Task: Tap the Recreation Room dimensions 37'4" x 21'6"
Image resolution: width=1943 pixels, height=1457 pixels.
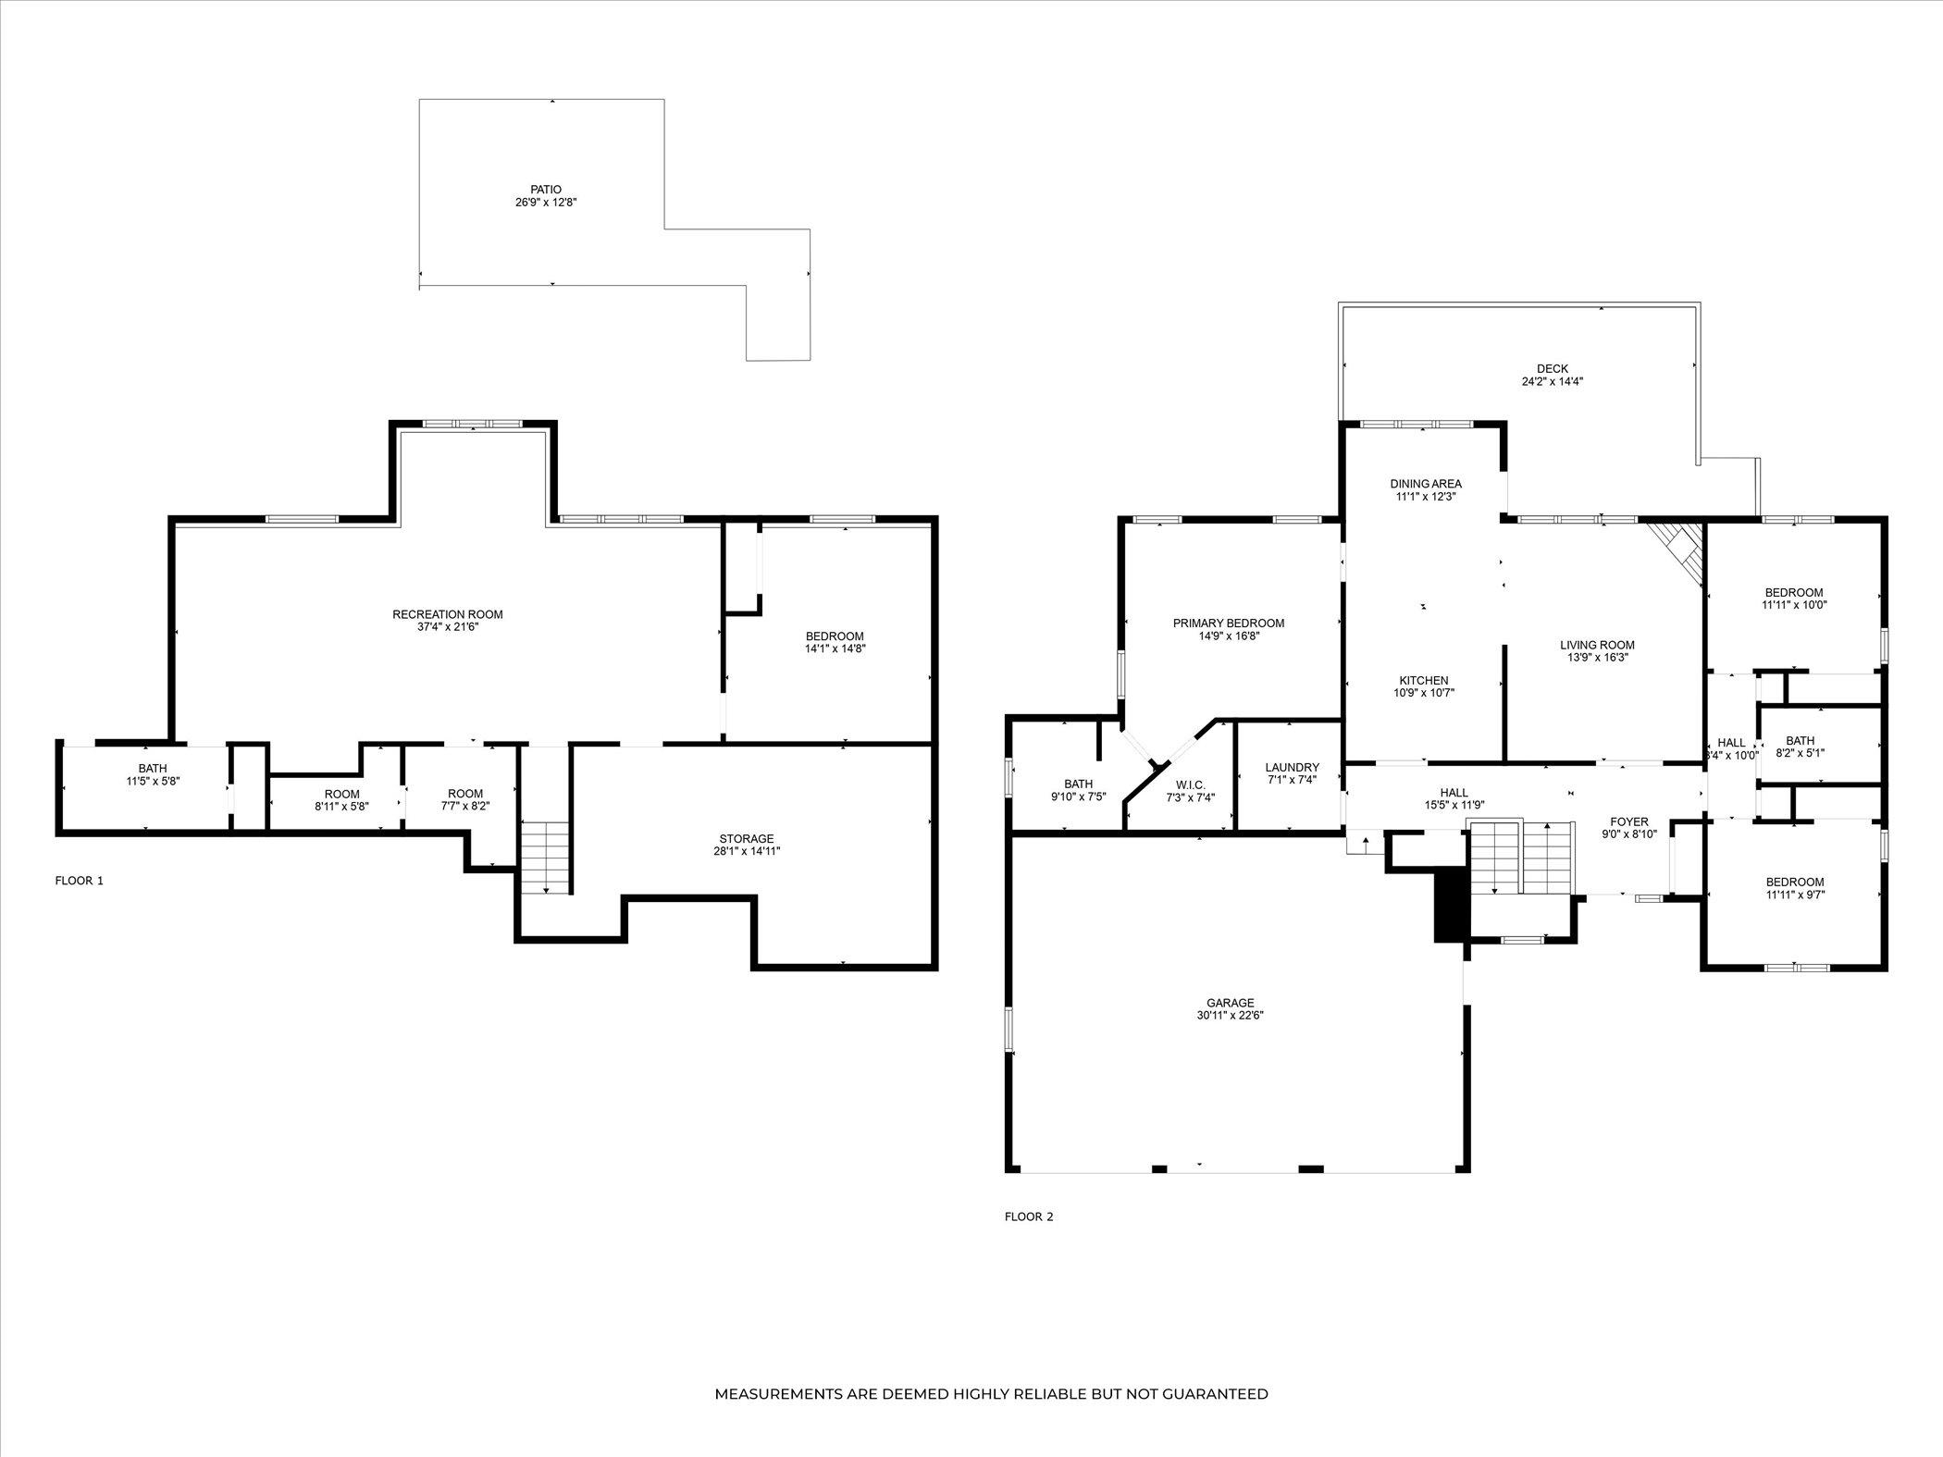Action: [x=448, y=627]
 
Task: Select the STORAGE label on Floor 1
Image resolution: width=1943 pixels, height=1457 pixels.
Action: [x=747, y=839]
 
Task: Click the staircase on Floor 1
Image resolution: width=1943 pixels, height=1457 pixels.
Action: [x=545, y=857]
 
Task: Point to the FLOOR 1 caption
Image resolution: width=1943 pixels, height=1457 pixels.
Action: [x=80, y=881]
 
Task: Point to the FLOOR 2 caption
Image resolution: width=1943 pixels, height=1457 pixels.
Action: [x=1029, y=1216]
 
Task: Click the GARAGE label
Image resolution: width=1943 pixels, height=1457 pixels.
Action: [x=1231, y=1003]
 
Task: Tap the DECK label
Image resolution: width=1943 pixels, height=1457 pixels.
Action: [x=1553, y=369]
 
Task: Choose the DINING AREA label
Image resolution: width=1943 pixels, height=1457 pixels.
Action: [x=1426, y=484]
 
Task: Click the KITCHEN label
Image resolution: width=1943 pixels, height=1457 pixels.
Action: [x=1424, y=681]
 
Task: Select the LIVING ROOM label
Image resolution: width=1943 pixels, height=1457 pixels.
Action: [x=1597, y=646]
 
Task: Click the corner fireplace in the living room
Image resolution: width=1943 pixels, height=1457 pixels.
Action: [x=1677, y=550]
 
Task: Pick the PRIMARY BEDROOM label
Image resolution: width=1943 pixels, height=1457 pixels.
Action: [x=1229, y=624]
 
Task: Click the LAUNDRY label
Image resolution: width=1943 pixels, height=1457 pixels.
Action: [x=1293, y=768]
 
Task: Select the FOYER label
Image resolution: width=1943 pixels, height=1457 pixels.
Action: [x=1629, y=822]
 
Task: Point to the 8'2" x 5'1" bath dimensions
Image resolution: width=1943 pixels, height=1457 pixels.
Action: [x=1801, y=753]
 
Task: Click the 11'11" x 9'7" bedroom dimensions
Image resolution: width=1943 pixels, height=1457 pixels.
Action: [x=1794, y=895]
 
